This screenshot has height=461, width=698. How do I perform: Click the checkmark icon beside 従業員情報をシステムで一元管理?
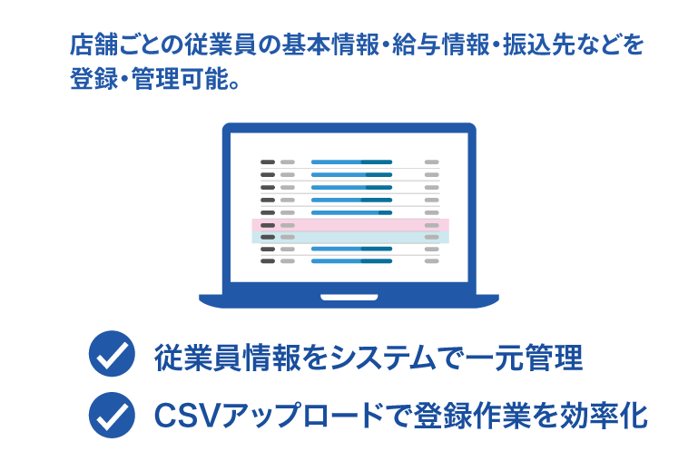[112, 357]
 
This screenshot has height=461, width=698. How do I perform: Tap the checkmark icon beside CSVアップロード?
[112, 415]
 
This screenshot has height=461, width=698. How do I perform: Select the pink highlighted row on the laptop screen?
[349, 224]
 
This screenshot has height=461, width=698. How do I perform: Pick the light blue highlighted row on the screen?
[349, 237]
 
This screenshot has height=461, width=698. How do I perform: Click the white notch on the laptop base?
[349, 297]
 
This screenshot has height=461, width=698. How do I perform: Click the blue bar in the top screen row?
[351, 162]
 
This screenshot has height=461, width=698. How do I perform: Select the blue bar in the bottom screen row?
[351, 260]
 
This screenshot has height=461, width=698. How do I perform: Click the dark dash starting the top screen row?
[268, 162]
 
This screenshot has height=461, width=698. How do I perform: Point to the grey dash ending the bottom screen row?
[431, 260]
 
